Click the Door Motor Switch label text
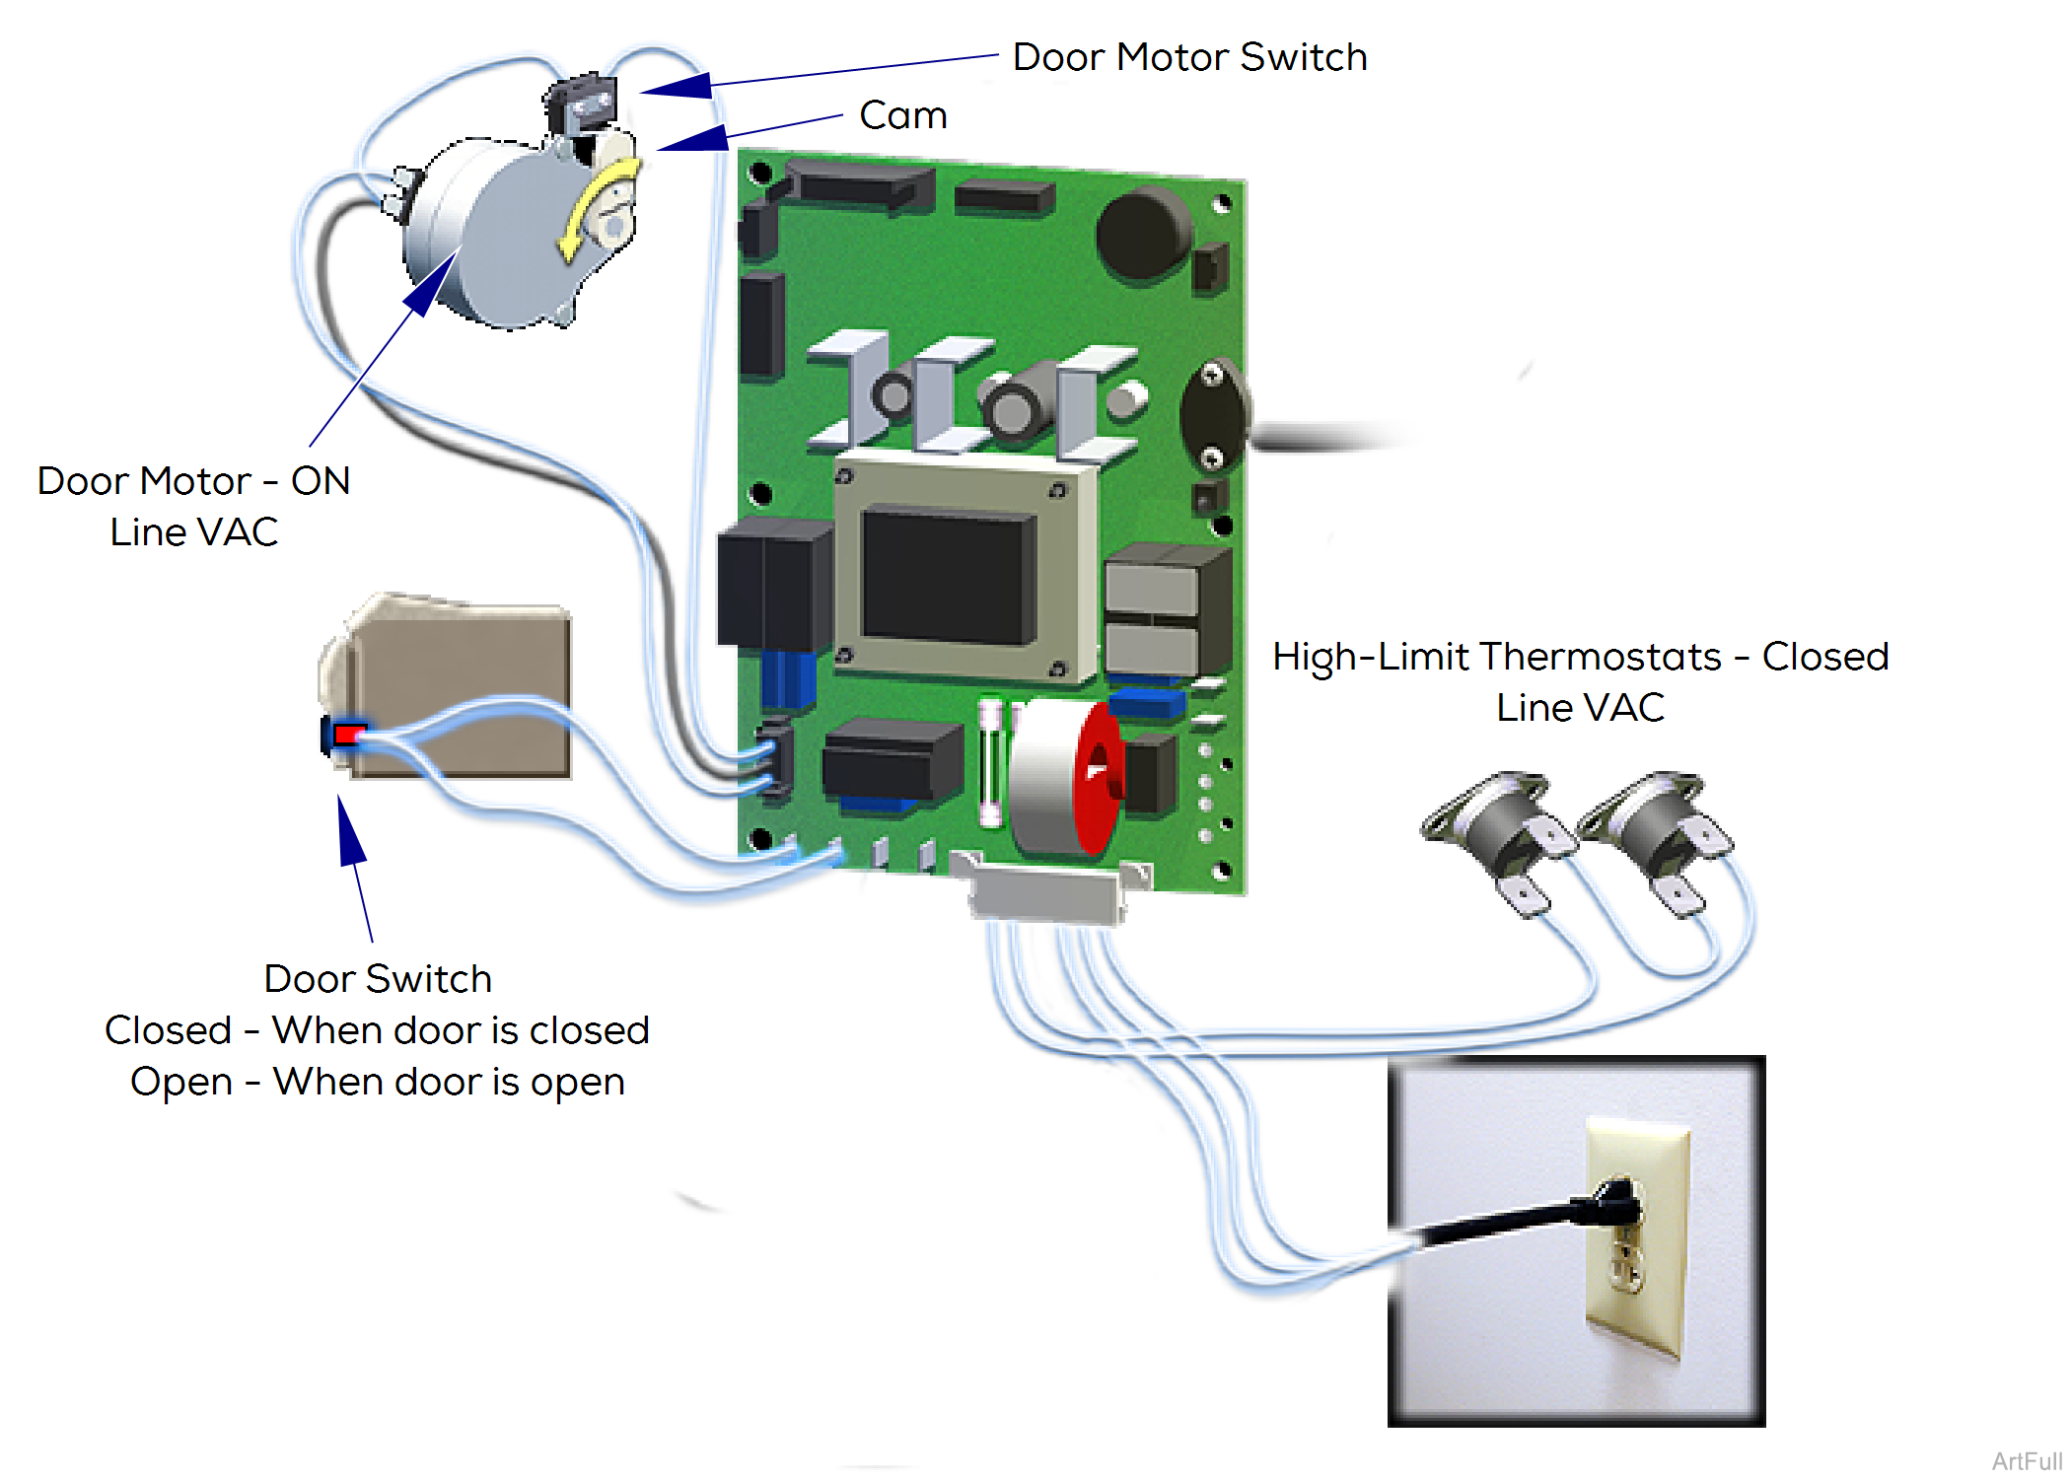1189,57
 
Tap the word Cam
902,115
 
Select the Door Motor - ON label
194,481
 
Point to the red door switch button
348,735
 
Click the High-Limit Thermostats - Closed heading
1580,657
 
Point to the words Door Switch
378,979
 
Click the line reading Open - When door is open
378,1082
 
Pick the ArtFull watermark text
2026,1461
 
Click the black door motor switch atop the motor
582,104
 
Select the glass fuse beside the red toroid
990,764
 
